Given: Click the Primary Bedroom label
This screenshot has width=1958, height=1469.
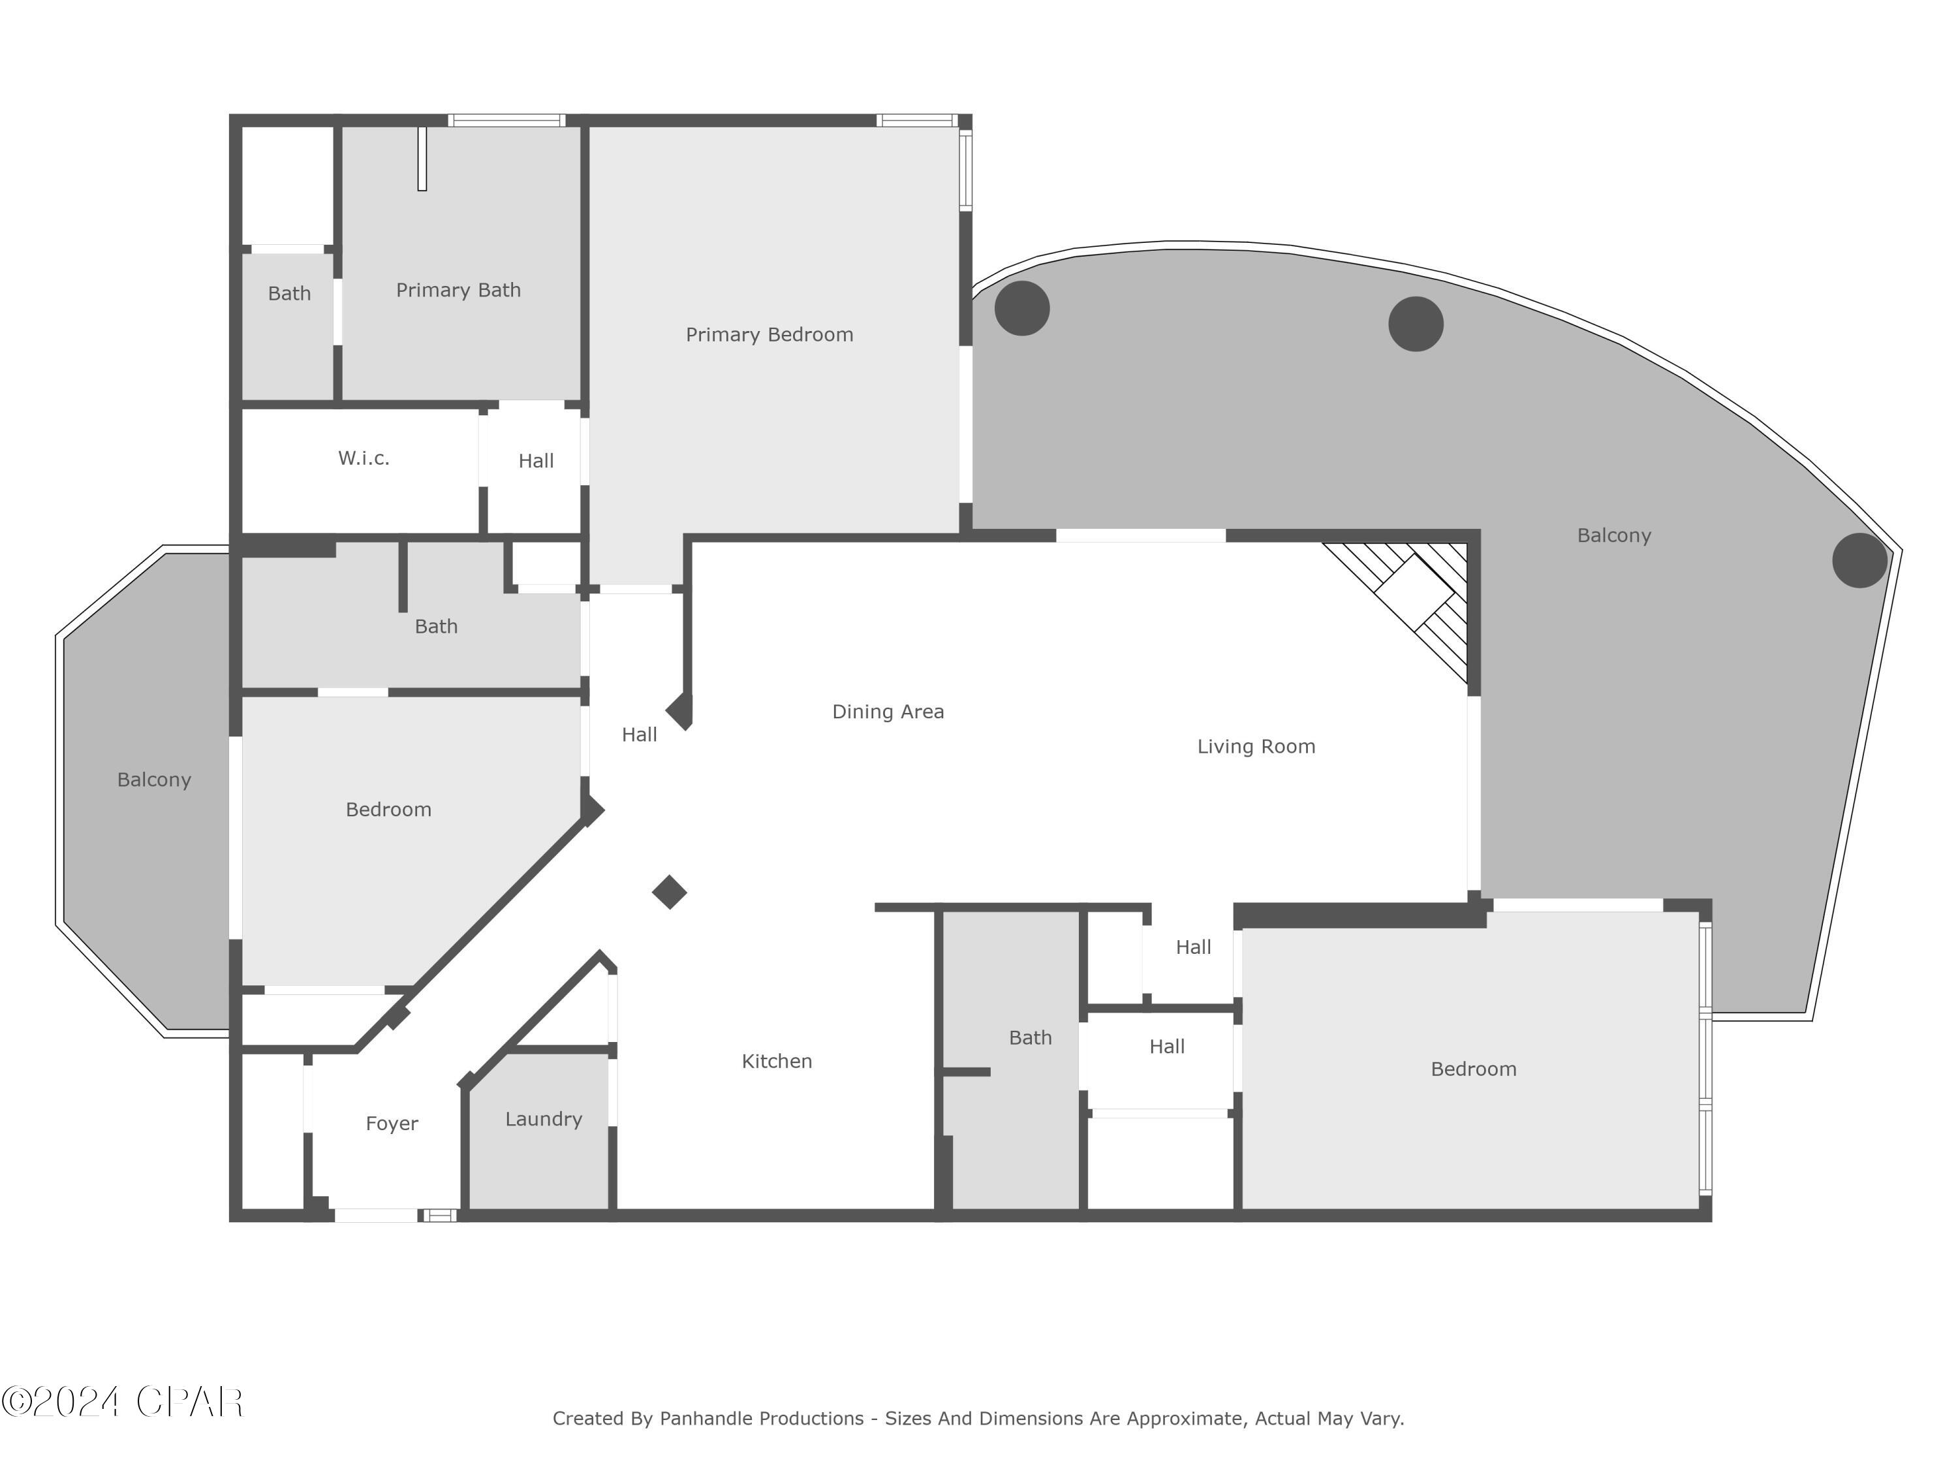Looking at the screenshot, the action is click(769, 335).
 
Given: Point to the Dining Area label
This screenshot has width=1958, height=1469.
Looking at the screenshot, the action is click(888, 712).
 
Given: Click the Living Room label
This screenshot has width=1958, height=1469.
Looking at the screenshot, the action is click(1256, 746).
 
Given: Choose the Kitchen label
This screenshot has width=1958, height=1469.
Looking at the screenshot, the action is click(776, 1061).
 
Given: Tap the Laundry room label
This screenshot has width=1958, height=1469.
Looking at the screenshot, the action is click(544, 1119).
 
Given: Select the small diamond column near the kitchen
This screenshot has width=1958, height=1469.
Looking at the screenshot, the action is click(669, 892).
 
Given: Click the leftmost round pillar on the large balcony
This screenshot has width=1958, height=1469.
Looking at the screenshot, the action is click(1021, 308).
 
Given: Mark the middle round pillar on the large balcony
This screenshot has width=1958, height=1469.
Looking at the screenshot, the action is click(1416, 324).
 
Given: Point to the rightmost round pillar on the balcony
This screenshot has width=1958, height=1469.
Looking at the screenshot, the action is click(1859, 560).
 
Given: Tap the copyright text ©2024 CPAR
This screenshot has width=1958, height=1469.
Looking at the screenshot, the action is click(122, 1402).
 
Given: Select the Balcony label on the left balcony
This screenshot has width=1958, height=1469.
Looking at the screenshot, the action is click(154, 780).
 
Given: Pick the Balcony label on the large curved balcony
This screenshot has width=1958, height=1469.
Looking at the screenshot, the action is click(1613, 536).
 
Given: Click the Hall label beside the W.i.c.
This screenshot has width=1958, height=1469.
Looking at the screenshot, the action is click(536, 462).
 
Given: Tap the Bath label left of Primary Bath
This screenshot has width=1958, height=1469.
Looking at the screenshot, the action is click(289, 294).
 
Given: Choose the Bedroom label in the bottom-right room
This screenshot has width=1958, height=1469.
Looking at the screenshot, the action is click(1473, 1069).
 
